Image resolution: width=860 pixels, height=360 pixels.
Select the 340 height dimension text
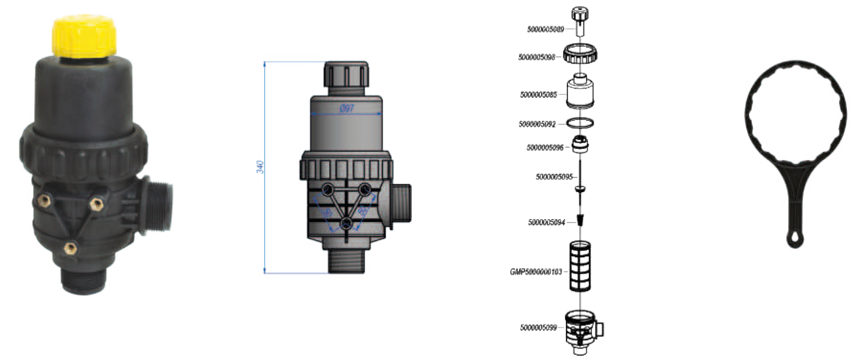[260, 166]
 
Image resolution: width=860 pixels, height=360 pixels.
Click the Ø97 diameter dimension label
[347, 109]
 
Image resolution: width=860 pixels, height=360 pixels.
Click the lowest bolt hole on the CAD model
[346, 224]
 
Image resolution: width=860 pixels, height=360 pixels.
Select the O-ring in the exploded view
[580, 122]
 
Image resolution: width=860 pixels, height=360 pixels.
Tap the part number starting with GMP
[536, 271]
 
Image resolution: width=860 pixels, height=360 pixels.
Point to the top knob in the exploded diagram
[580, 21]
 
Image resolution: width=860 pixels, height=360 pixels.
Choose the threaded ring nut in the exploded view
[580, 54]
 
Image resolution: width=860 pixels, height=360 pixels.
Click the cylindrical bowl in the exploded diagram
[580, 93]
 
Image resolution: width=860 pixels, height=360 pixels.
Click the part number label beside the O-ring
[537, 124]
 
